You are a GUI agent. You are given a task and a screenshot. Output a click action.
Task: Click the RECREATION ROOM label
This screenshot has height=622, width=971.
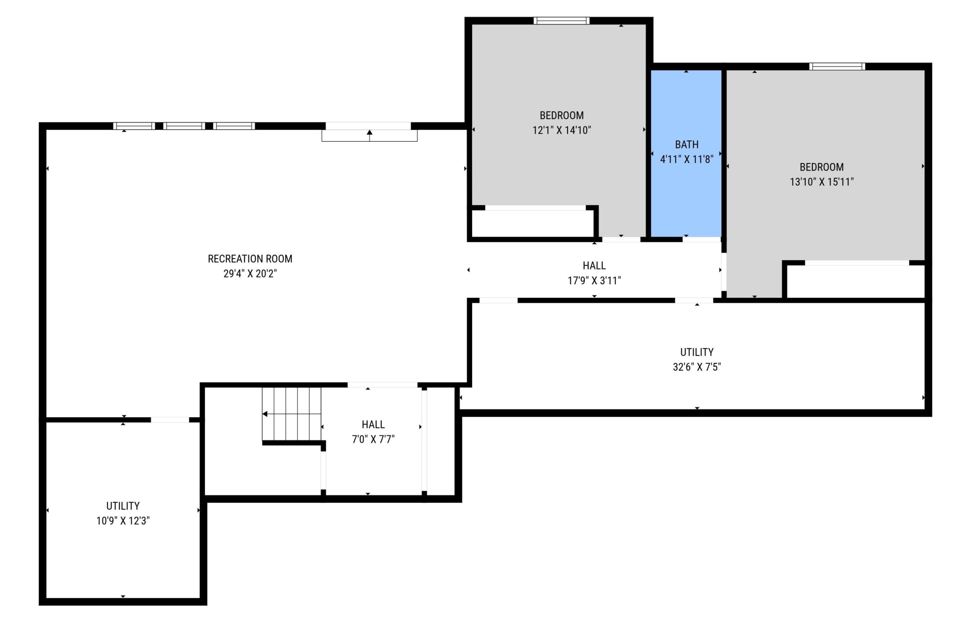[x=250, y=259]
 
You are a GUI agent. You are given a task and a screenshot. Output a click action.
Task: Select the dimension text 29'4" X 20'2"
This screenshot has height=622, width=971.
[x=250, y=273]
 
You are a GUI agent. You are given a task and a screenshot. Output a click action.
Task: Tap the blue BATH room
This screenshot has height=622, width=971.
[x=686, y=154]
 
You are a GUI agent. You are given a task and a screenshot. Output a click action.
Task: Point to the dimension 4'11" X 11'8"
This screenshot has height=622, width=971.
[x=687, y=159]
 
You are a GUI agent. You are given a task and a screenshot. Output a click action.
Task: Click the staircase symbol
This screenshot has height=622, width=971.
[x=291, y=414]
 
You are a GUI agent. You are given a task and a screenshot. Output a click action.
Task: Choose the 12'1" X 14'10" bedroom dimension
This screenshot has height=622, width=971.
[x=562, y=130]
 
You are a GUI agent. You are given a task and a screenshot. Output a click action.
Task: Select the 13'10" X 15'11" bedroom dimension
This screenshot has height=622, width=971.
[x=822, y=182]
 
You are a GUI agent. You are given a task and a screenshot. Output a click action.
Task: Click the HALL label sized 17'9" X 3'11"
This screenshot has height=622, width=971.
[x=594, y=266]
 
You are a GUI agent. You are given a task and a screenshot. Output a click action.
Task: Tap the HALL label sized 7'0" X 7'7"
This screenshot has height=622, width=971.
[x=373, y=425]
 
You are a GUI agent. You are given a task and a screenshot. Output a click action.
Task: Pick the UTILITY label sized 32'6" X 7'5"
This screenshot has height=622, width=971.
[x=697, y=352]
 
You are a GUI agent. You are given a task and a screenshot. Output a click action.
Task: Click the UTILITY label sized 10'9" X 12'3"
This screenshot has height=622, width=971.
[x=123, y=506]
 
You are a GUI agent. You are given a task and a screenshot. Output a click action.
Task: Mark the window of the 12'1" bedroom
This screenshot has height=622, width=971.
[x=561, y=20]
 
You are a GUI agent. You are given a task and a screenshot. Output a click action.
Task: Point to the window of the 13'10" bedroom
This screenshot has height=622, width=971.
[x=837, y=67]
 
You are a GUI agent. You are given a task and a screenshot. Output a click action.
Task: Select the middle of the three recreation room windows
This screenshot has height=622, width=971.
[x=184, y=126]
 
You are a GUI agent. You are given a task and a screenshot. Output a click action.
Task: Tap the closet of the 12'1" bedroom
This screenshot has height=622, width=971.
[x=532, y=223]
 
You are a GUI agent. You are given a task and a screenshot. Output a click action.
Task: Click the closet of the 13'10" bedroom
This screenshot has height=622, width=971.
[x=855, y=282]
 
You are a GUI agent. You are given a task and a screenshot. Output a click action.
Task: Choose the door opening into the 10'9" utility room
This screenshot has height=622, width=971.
[x=170, y=420]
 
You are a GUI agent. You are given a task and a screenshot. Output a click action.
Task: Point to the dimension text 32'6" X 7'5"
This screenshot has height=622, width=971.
[x=697, y=367]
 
